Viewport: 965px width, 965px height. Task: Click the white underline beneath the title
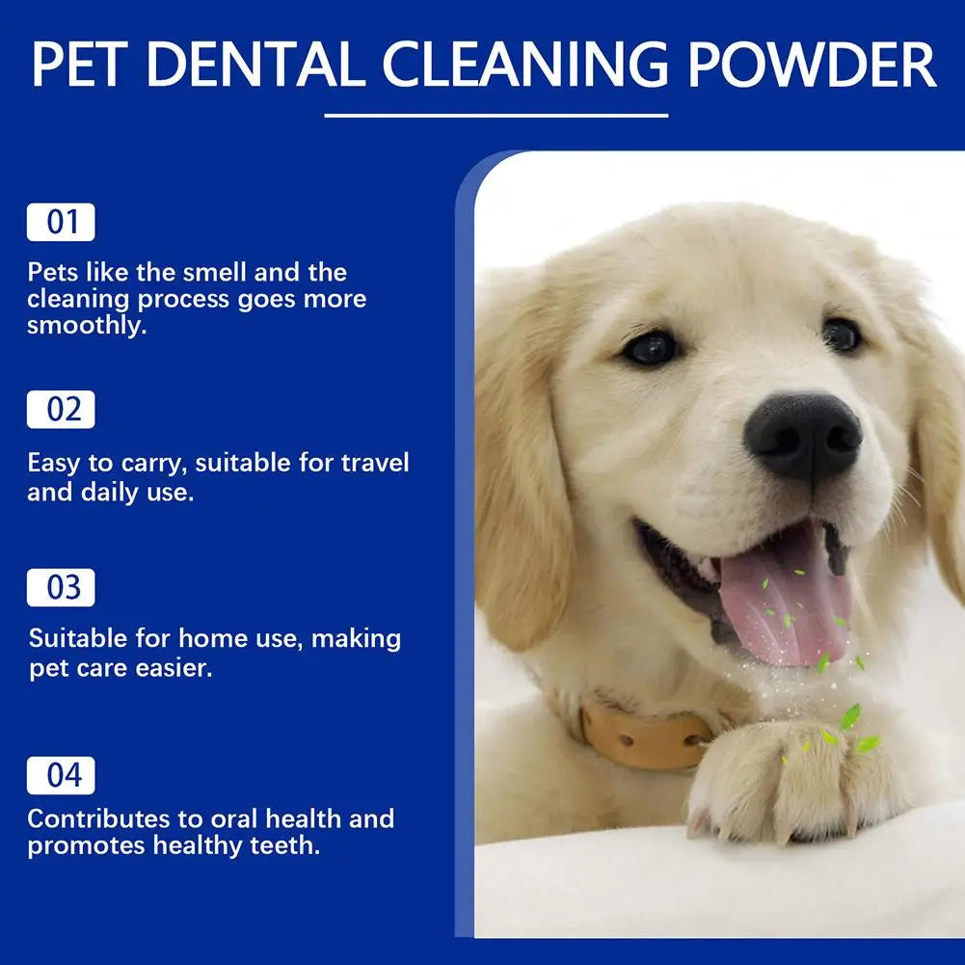pos(496,116)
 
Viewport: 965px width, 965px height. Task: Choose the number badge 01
pos(61,222)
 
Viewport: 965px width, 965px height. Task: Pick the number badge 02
pos(61,410)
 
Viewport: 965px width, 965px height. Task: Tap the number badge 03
pos(61,588)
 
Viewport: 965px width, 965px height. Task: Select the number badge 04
pos(61,776)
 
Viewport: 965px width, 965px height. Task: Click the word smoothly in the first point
pos(85,326)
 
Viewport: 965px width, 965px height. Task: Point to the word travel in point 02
pos(375,463)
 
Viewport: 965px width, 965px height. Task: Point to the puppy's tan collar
pos(644,737)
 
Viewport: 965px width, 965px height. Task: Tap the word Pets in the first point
pos(51,272)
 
